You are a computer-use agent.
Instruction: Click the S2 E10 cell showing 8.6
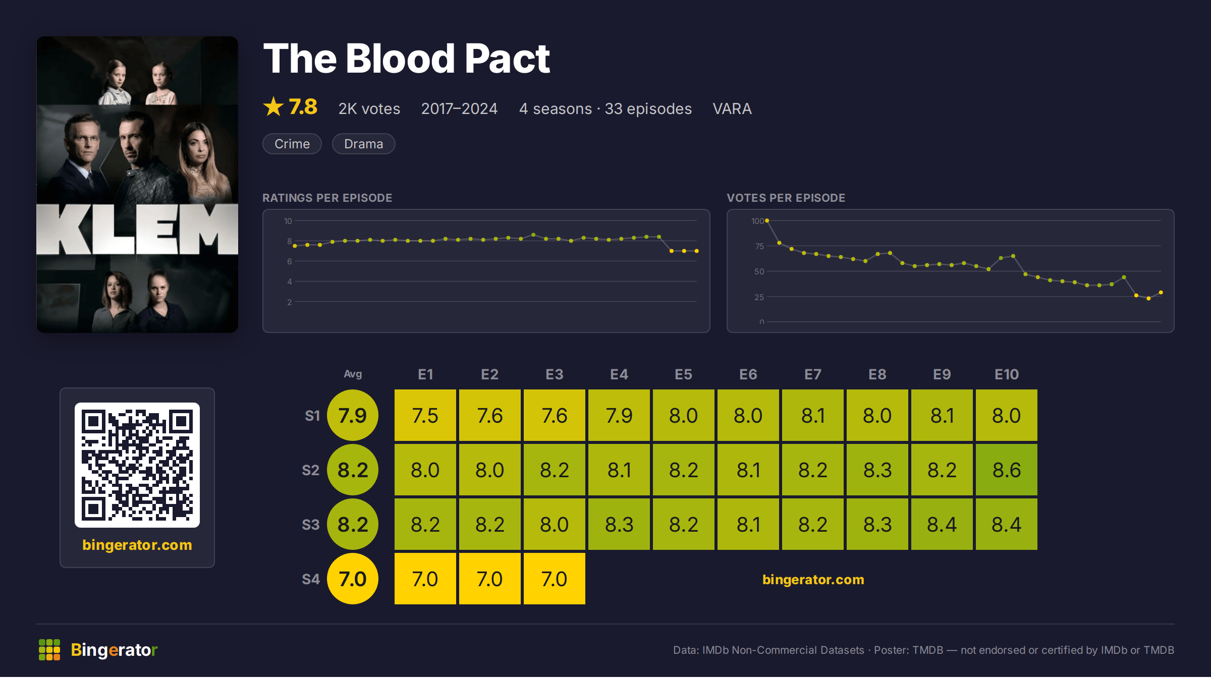(1006, 470)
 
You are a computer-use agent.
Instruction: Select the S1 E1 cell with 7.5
(425, 415)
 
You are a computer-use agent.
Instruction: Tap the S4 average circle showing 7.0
(353, 579)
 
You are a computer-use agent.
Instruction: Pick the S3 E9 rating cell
(942, 524)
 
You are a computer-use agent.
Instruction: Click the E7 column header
(813, 374)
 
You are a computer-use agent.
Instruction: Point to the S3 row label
(311, 525)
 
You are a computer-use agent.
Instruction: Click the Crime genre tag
(292, 144)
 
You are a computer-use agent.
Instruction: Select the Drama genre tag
(363, 144)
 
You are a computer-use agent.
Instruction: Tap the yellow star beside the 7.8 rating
(273, 106)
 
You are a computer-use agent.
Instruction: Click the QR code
(137, 465)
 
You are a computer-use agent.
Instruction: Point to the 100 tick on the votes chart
(757, 221)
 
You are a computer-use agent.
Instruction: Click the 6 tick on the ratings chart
(290, 261)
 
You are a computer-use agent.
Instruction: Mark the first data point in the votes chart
(767, 220)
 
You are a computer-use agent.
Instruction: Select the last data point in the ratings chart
(697, 251)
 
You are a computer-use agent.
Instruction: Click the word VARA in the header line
(732, 109)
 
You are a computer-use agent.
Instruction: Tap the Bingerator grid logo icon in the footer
(49, 650)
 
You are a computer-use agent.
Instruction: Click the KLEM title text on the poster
(137, 229)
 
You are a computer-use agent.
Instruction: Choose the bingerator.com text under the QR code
(137, 545)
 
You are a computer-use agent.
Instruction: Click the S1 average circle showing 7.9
(353, 415)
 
